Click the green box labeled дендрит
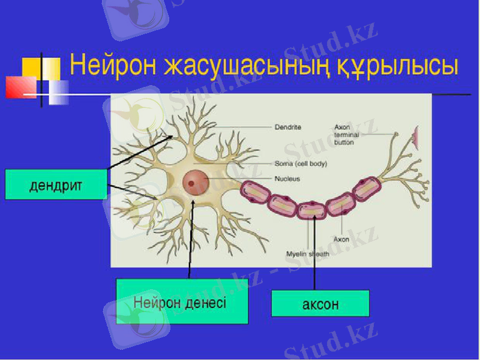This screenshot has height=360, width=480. coord(56,184)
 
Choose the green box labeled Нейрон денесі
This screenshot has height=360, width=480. coord(181,301)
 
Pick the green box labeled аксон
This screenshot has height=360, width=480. coord(320,304)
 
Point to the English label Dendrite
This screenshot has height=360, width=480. coord(287,127)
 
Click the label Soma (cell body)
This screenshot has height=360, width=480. coord(301,163)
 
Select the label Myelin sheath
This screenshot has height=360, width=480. coord(308,254)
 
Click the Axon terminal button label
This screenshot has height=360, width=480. coord(346,135)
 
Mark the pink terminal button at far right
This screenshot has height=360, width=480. coord(416,137)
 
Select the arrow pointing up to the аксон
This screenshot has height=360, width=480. coord(314,252)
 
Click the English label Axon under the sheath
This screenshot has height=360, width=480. coord(341,239)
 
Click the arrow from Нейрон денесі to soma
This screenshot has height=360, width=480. coord(191,240)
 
